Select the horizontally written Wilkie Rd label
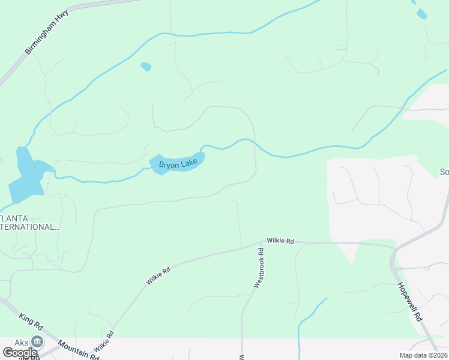click(x=280, y=241)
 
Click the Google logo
click(x=20, y=353)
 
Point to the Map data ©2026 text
click(x=423, y=355)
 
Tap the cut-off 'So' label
click(x=444, y=172)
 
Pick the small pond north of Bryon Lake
click(x=145, y=67)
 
